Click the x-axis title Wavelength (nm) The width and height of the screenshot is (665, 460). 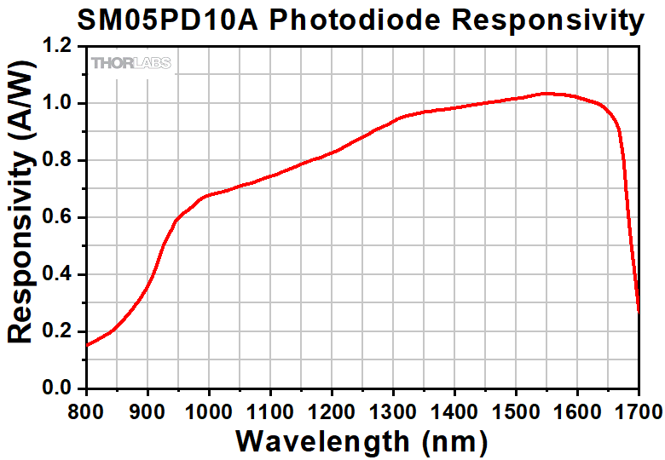click(361, 441)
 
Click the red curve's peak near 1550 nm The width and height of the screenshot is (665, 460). click(546, 93)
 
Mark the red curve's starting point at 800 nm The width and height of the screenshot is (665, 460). click(87, 345)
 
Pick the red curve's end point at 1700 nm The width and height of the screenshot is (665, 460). click(638, 311)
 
